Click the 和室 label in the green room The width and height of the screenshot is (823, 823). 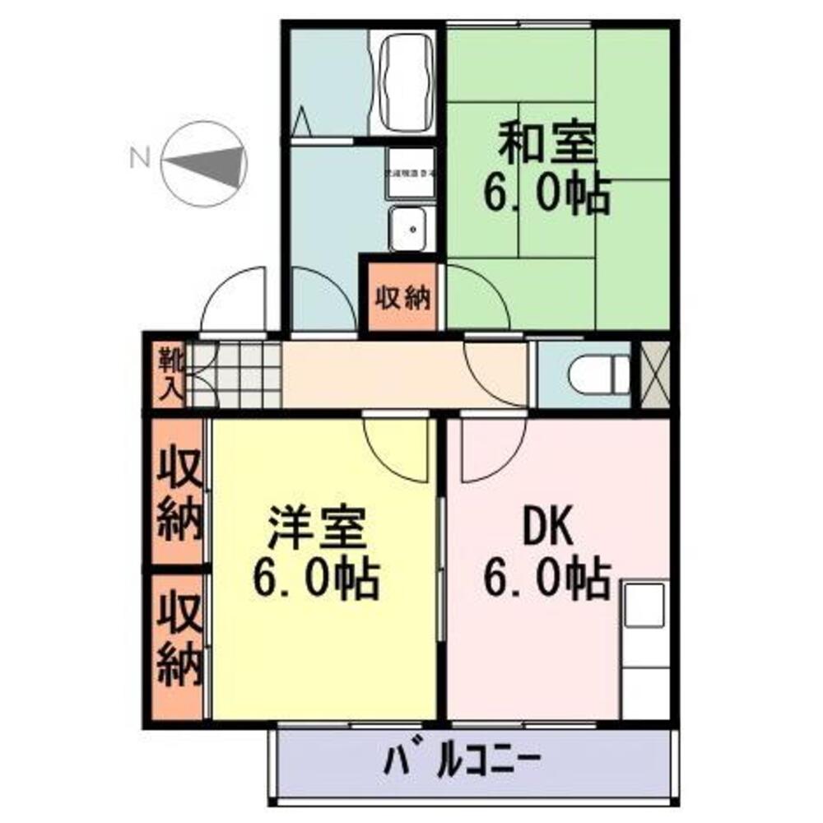545,145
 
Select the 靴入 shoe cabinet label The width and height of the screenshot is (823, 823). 170,374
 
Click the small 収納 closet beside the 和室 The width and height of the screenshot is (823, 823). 403,297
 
